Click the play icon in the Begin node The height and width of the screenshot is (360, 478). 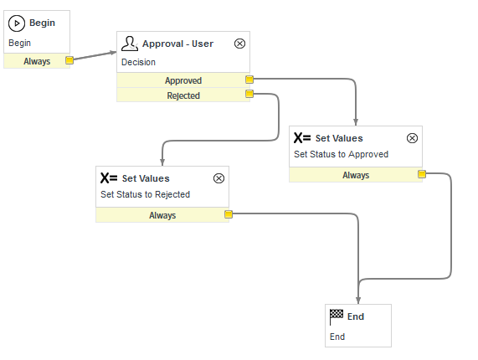pos(17,23)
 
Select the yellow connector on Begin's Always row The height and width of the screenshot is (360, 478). pos(69,60)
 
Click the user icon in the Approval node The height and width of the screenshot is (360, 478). pos(130,44)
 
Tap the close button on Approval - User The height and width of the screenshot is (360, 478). pos(239,44)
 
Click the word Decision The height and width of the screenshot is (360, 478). pos(138,62)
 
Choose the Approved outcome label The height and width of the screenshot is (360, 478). pos(183,80)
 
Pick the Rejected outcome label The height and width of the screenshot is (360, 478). pos(183,95)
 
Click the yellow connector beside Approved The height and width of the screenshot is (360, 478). pos(249,80)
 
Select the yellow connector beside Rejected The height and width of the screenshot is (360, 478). pos(249,94)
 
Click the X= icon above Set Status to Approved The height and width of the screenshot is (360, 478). pos(302,138)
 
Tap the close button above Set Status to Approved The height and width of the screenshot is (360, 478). pos(412,138)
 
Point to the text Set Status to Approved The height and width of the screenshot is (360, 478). pos(341,154)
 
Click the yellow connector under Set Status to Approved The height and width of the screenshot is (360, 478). pos(422,174)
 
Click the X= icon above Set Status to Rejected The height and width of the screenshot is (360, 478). pos(109,178)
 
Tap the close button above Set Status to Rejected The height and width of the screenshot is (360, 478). pos(218,178)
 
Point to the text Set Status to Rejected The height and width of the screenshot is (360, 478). pos(146,194)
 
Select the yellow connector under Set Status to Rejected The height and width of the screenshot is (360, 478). pos(229,214)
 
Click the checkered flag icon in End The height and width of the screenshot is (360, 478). pos(337,317)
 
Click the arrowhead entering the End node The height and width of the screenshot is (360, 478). pos(358,301)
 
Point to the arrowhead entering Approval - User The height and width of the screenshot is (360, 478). pos(113,53)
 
